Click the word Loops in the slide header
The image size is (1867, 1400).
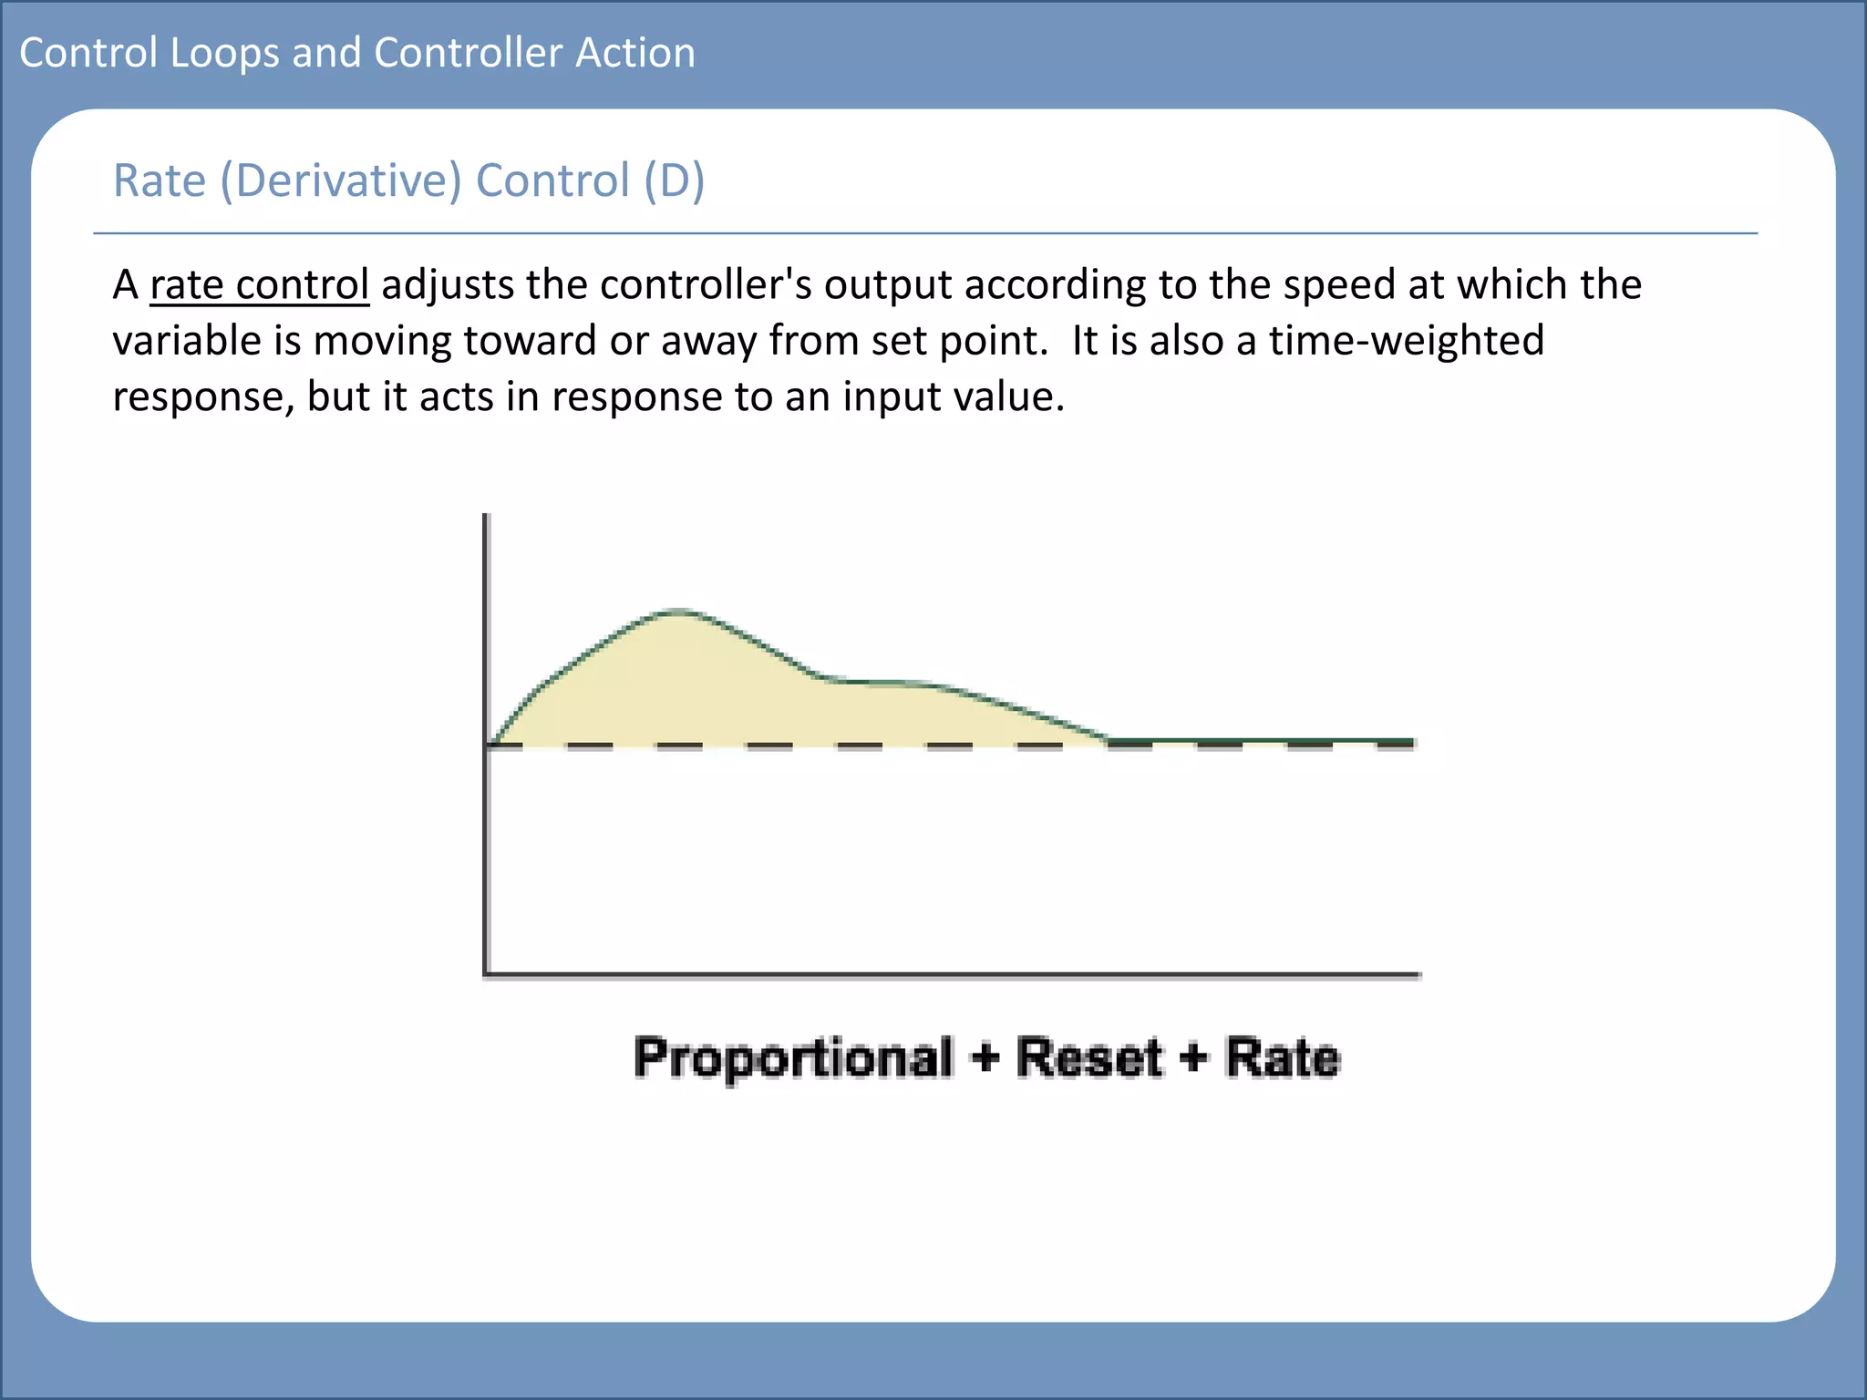pos(224,53)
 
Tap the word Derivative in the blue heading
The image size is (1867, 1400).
pos(349,180)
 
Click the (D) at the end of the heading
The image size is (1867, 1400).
pos(674,180)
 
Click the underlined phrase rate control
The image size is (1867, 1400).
pos(259,284)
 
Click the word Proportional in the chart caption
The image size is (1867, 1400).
pos(794,1058)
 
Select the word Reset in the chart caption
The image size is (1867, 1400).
pos(1089,1058)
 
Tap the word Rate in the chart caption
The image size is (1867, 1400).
pos(1283,1058)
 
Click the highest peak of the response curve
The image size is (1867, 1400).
pos(678,610)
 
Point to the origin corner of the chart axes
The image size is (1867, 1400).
pos(487,974)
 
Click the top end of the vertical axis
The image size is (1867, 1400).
pos(487,517)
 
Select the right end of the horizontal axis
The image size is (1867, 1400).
pos(1418,974)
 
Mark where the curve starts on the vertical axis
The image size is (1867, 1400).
pos(490,744)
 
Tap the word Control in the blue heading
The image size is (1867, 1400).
pos(553,180)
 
